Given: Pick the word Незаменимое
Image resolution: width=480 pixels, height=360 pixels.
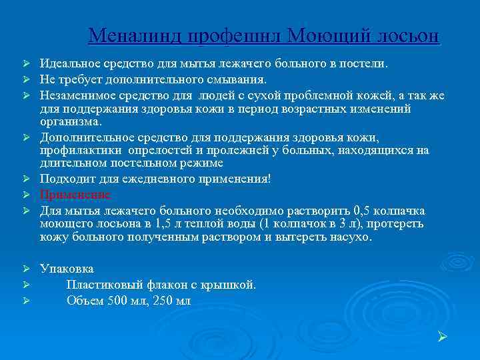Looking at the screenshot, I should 77,95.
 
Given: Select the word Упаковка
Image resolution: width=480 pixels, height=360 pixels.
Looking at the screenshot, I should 67,269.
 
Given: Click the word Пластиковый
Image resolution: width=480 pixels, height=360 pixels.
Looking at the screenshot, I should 104,285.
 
